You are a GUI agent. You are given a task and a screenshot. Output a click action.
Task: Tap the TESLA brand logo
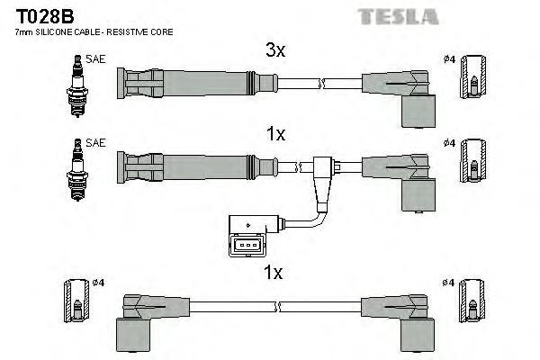[399, 16]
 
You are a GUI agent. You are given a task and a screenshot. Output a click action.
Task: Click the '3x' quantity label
[274, 51]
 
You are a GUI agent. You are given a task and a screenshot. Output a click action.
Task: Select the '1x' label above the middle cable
[274, 134]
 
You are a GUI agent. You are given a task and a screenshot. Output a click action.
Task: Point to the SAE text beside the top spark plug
[94, 60]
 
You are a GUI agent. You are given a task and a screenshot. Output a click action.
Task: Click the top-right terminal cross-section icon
[473, 82]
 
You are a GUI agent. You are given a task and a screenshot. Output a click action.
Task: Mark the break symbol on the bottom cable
[281, 306]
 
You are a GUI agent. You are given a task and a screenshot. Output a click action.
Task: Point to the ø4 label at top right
[449, 60]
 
